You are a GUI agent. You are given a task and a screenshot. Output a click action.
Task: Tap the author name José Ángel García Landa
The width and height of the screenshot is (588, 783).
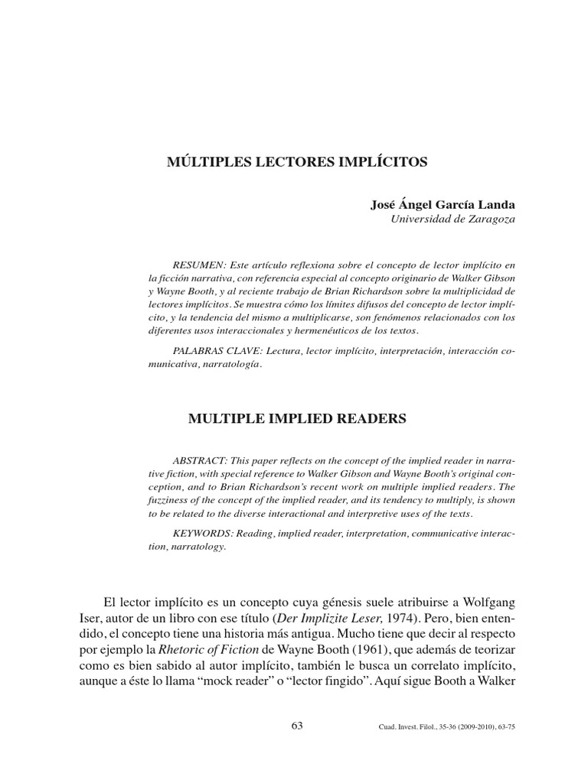443,205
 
